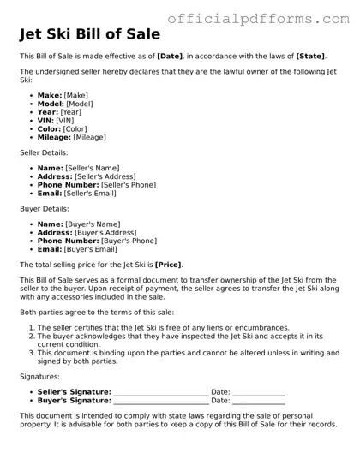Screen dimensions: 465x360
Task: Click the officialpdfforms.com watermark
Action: coord(262,16)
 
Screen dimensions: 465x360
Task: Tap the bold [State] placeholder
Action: coord(309,56)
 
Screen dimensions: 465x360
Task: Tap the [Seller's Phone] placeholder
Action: coord(129,184)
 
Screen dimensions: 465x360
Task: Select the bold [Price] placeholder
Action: coord(168,265)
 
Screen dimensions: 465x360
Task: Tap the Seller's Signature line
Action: coord(160,393)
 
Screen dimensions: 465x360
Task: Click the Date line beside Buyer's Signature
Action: coord(259,401)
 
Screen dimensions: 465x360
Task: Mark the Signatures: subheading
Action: coord(39,376)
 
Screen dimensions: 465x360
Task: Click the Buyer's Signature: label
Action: coord(74,401)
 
